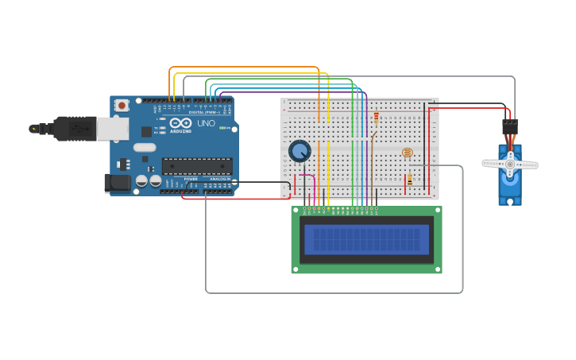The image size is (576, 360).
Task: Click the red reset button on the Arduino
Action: coord(122,105)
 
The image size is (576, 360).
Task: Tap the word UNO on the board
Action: coord(206,124)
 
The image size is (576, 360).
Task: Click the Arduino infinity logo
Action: coord(180,123)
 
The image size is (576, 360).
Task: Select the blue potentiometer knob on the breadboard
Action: coord(300,150)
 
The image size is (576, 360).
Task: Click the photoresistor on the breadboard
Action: coord(407,153)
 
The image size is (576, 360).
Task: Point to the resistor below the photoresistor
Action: coord(409,180)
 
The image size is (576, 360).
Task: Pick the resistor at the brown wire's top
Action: coord(376,118)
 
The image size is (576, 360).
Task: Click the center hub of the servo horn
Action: coord(509,165)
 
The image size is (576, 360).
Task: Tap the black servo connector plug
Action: coord(509,127)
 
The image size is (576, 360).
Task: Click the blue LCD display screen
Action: coord(366,239)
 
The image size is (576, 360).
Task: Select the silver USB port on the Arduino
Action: coord(112,129)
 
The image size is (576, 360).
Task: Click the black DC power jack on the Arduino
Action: coord(118,183)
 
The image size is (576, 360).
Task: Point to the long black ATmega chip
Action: coord(197,166)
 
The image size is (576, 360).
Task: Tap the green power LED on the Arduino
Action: coord(227,128)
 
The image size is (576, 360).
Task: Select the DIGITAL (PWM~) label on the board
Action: coord(203,112)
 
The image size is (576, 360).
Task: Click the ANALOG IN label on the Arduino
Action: coord(218,179)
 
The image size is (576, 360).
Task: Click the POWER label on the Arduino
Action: coord(191,179)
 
